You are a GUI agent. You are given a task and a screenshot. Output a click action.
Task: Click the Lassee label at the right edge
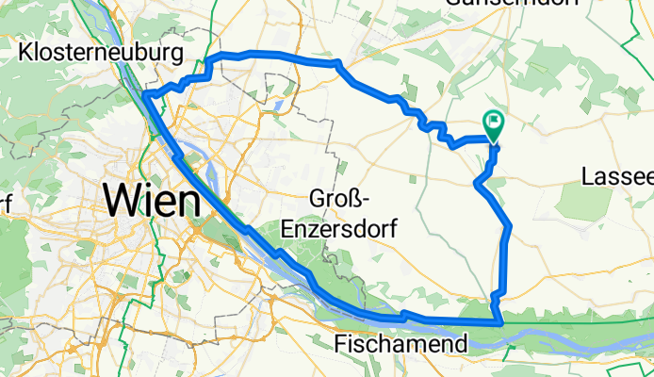pyautogui.click(x=617, y=176)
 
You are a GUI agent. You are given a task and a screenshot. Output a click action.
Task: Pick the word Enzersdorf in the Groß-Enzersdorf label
pyautogui.click(x=353, y=228)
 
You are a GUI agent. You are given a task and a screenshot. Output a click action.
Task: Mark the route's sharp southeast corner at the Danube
pyautogui.click(x=503, y=323)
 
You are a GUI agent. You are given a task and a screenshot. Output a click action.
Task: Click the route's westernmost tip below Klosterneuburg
pyautogui.click(x=145, y=94)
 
